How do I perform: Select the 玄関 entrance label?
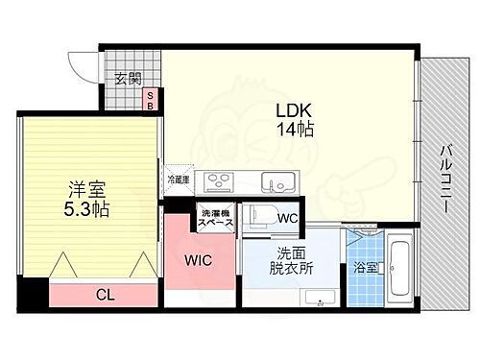click(x=129, y=79)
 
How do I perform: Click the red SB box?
click(x=150, y=100)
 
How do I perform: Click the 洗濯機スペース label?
click(x=214, y=218)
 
